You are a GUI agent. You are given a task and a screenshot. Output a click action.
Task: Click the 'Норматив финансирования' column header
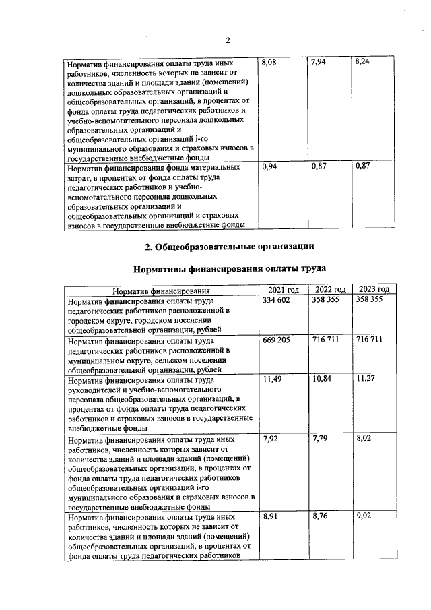(x=161, y=290)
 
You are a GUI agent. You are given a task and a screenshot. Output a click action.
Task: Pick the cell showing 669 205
(x=276, y=340)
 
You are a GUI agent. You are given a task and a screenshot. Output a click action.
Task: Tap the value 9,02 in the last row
(x=364, y=516)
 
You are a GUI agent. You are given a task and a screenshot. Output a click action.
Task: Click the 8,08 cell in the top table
(x=269, y=62)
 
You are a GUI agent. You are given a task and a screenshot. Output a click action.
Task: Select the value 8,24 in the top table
(x=362, y=62)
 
